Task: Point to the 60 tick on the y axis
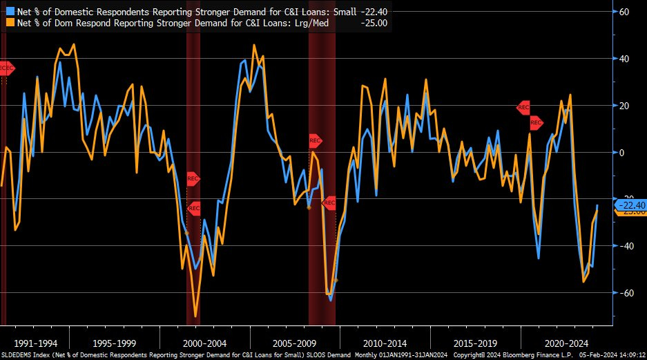tap(625, 12)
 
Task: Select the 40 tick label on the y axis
tap(625, 59)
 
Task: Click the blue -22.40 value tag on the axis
tap(631, 205)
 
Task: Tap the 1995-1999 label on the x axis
tap(115, 343)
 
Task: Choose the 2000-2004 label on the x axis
tap(205, 343)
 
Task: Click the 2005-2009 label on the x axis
tap(295, 343)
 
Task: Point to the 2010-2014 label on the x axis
tap(385, 343)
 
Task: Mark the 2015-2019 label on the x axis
tap(475, 343)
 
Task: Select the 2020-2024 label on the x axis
tap(565, 343)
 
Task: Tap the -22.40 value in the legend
tap(374, 11)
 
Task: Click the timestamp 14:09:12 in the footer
tap(626, 354)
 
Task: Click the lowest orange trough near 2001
tap(195, 316)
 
